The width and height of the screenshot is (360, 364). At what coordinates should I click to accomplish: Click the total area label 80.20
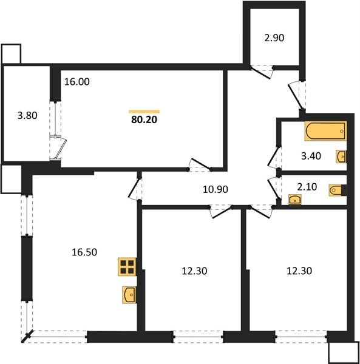tap(144, 120)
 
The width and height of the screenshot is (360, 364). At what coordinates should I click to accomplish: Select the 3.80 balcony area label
tap(26, 114)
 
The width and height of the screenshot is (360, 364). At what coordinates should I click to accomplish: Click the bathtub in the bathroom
tap(325, 130)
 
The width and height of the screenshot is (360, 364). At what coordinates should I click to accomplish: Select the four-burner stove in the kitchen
tap(127, 268)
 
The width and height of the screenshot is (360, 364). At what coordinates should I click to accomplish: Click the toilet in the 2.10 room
tap(336, 190)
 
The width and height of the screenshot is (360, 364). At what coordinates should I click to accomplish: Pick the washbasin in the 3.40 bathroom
tap(342, 157)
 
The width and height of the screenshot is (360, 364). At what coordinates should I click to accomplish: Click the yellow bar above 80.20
tap(144, 111)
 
